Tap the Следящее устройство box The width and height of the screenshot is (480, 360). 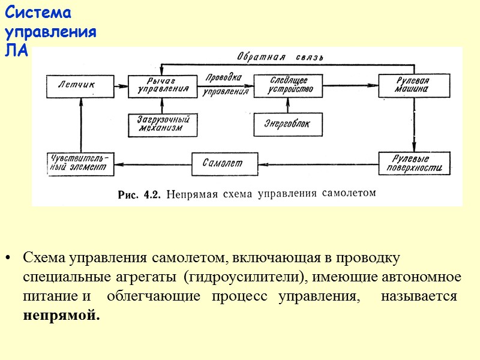284,86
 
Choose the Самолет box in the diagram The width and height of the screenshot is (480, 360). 224,163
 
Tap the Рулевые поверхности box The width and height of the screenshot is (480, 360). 414,163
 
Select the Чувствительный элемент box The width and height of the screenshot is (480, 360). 80,163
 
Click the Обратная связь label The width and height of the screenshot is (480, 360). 280,58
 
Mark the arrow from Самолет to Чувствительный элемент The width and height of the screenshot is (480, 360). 152,163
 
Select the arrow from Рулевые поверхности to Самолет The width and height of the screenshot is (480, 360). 319,163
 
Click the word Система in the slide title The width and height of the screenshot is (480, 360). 38,13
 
